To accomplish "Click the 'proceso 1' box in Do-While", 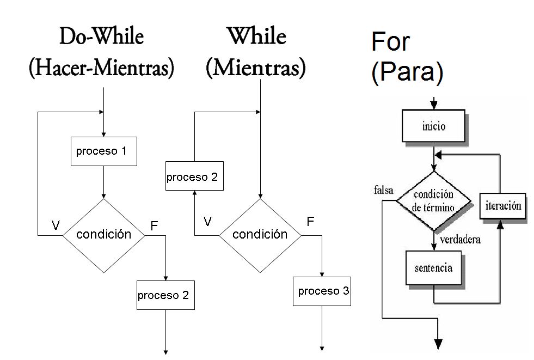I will tap(103, 151).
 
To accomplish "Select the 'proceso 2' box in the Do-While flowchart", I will tap(165, 295).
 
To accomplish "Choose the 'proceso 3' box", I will tap(323, 291).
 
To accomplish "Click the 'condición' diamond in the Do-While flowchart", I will tap(103, 235).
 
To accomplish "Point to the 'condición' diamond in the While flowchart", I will tap(260, 235).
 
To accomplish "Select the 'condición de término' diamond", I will tap(434, 201).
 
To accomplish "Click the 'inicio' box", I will tap(433, 127).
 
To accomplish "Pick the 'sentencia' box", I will tap(433, 268).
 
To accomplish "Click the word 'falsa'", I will tap(384, 190).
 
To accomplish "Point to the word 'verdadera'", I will tap(460, 239).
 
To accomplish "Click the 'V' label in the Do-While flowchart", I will tap(55, 225).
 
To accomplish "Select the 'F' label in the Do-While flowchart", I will tap(154, 225).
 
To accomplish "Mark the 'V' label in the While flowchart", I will tap(207, 221).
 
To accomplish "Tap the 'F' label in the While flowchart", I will tap(310, 221).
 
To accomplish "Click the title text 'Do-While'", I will tap(102, 37).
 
